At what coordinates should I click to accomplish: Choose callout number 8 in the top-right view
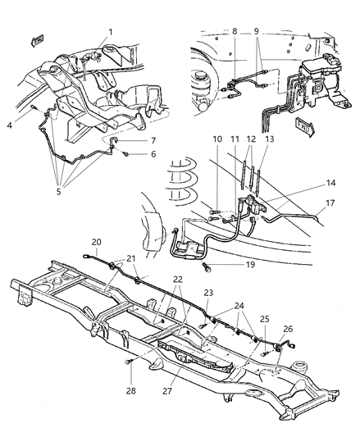(x=235, y=31)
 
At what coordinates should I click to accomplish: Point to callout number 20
(x=96, y=242)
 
